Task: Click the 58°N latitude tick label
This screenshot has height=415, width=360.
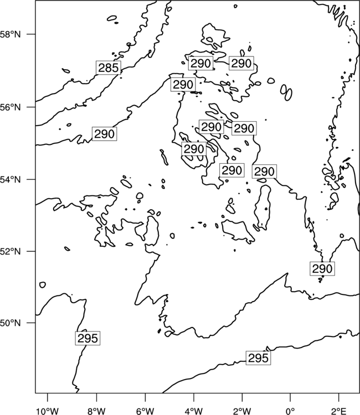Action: pyautogui.click(x=11, y=34)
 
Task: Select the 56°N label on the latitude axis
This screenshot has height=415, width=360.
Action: pyautogui.click(x=11, y=107)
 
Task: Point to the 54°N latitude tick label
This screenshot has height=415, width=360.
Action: pyautogui.click(x=11, y=179)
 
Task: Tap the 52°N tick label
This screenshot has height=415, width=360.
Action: pyautogui.click(x=11, y=251)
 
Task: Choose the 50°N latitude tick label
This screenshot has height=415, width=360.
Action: pyautogui.click(x=11, y=323)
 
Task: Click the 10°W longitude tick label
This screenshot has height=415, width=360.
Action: pyautogui.click(x=48, y=411)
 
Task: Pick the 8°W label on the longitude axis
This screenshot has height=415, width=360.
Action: pyautogui.click(x=96, y=411)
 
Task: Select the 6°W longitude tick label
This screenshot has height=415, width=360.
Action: pyautogui.click(x=145, y=411)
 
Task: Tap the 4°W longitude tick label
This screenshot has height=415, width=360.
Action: pyautogui.click(x=194, y=411)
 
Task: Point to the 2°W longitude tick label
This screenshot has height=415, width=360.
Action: pyautogui.click(x=242, y=411)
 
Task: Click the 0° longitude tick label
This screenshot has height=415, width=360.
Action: pyautogui.click(x=290, y=411)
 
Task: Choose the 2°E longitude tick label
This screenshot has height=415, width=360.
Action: pyautogui.click(x=339, y=411)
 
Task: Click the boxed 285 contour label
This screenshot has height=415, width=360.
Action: pyautogui.click(x=109, y=68)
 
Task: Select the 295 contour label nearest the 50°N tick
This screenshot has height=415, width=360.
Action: pyautogui.click(x=88, y=338)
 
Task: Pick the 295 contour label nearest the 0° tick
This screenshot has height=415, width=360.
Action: pyautogui.click(x=258, y=358)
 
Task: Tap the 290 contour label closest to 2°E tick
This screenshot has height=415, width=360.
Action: pyautogui.click(x=322, y=268)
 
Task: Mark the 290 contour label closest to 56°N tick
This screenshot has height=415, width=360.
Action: pyautogui.click(x=104, y=134)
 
